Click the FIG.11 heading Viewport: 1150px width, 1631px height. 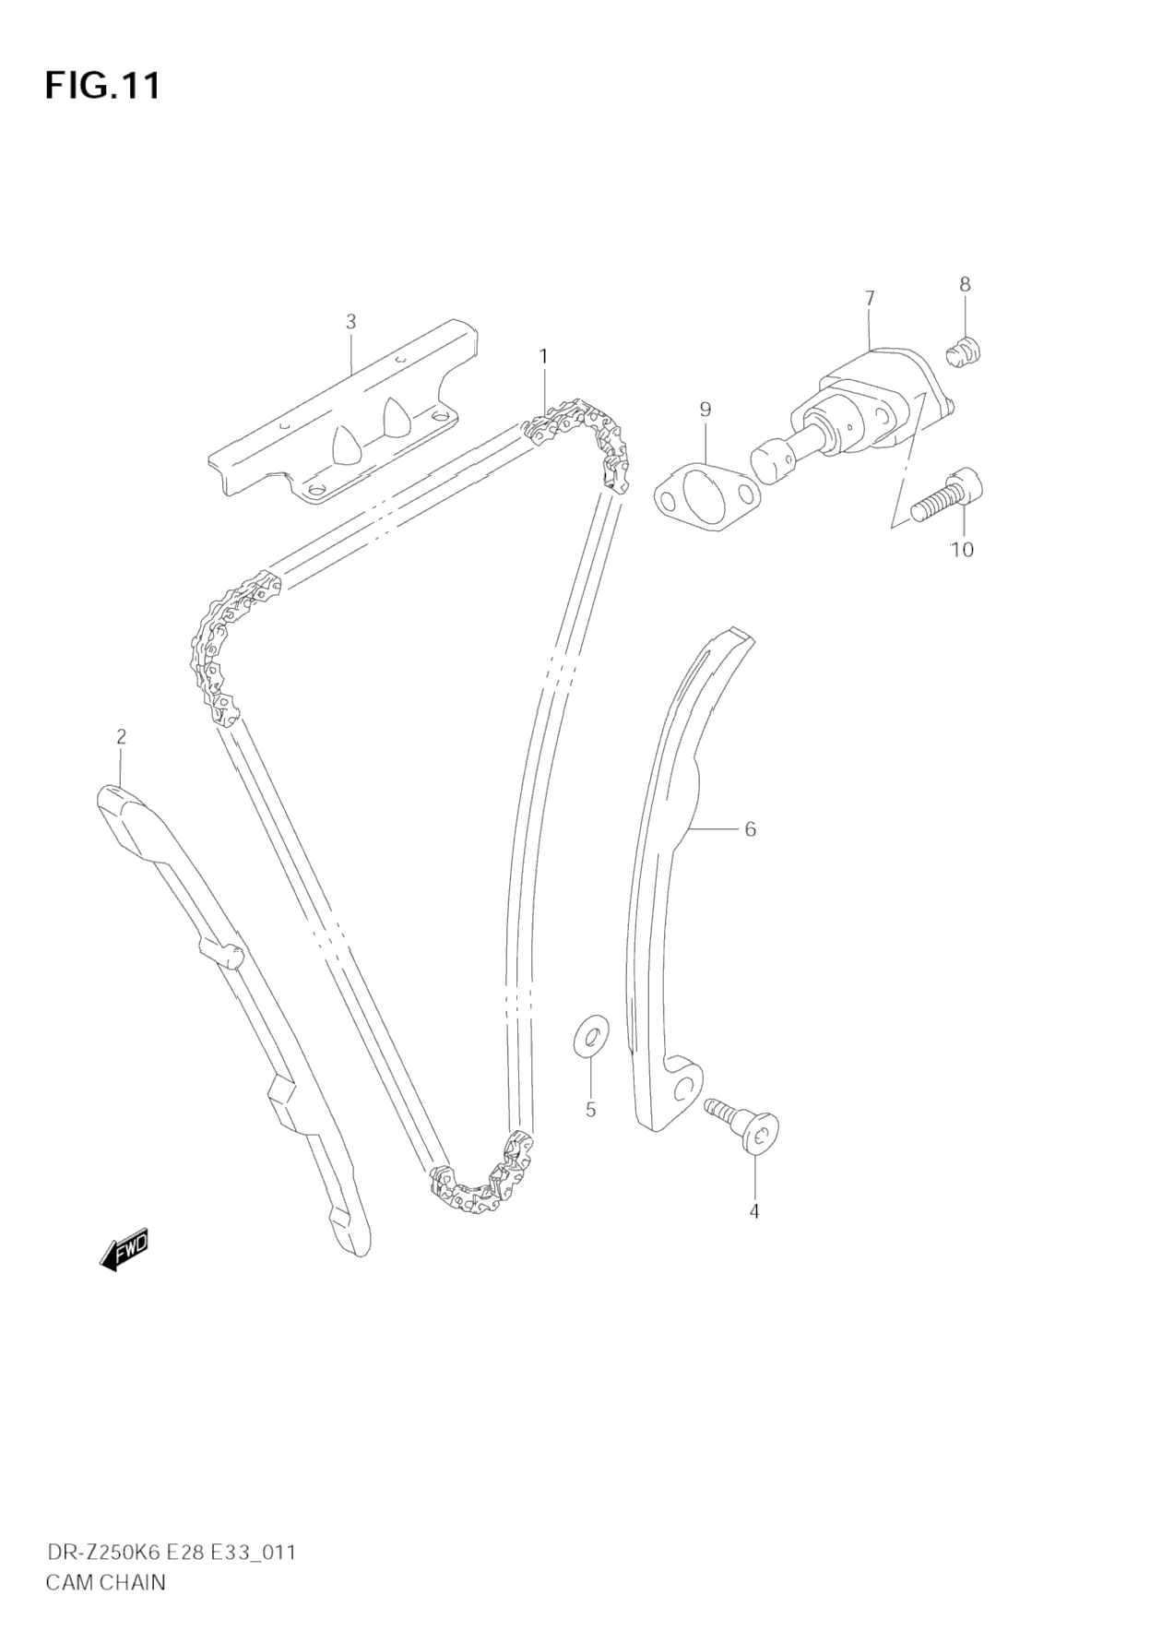click(x=102, y=86)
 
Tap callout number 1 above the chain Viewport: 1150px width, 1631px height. click(x=544, y=356)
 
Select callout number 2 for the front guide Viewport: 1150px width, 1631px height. click(x=121, y=736)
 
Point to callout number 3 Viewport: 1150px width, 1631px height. click(x=350, y=322)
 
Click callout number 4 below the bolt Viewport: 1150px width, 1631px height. click(x=753, y=1211)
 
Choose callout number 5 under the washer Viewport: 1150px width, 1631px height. click(x=590, y=1110)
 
